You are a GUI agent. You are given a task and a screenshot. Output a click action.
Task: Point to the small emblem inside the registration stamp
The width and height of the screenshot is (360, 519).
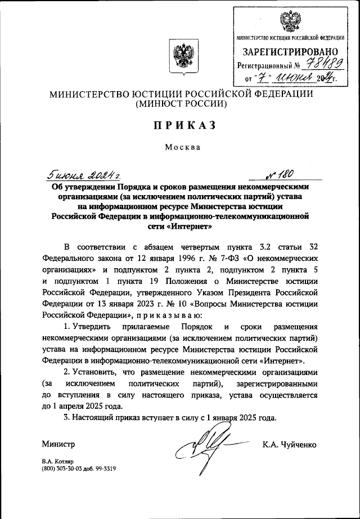[x=290, y=22]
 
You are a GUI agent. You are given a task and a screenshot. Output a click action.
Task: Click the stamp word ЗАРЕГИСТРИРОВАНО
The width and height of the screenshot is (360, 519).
[x=290, y=54]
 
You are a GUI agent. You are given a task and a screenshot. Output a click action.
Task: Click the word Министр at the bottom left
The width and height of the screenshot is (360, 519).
[x=58, y=445]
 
